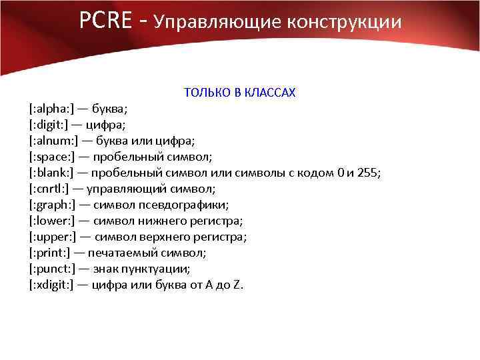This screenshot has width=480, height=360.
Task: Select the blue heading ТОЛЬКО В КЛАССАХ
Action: point(239,93)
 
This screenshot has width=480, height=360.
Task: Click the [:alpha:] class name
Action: point(51,109)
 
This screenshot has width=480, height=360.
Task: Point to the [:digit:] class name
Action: point(49,125)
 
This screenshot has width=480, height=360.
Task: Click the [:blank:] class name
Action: point(51,173)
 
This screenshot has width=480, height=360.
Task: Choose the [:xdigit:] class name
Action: point(52,285)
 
